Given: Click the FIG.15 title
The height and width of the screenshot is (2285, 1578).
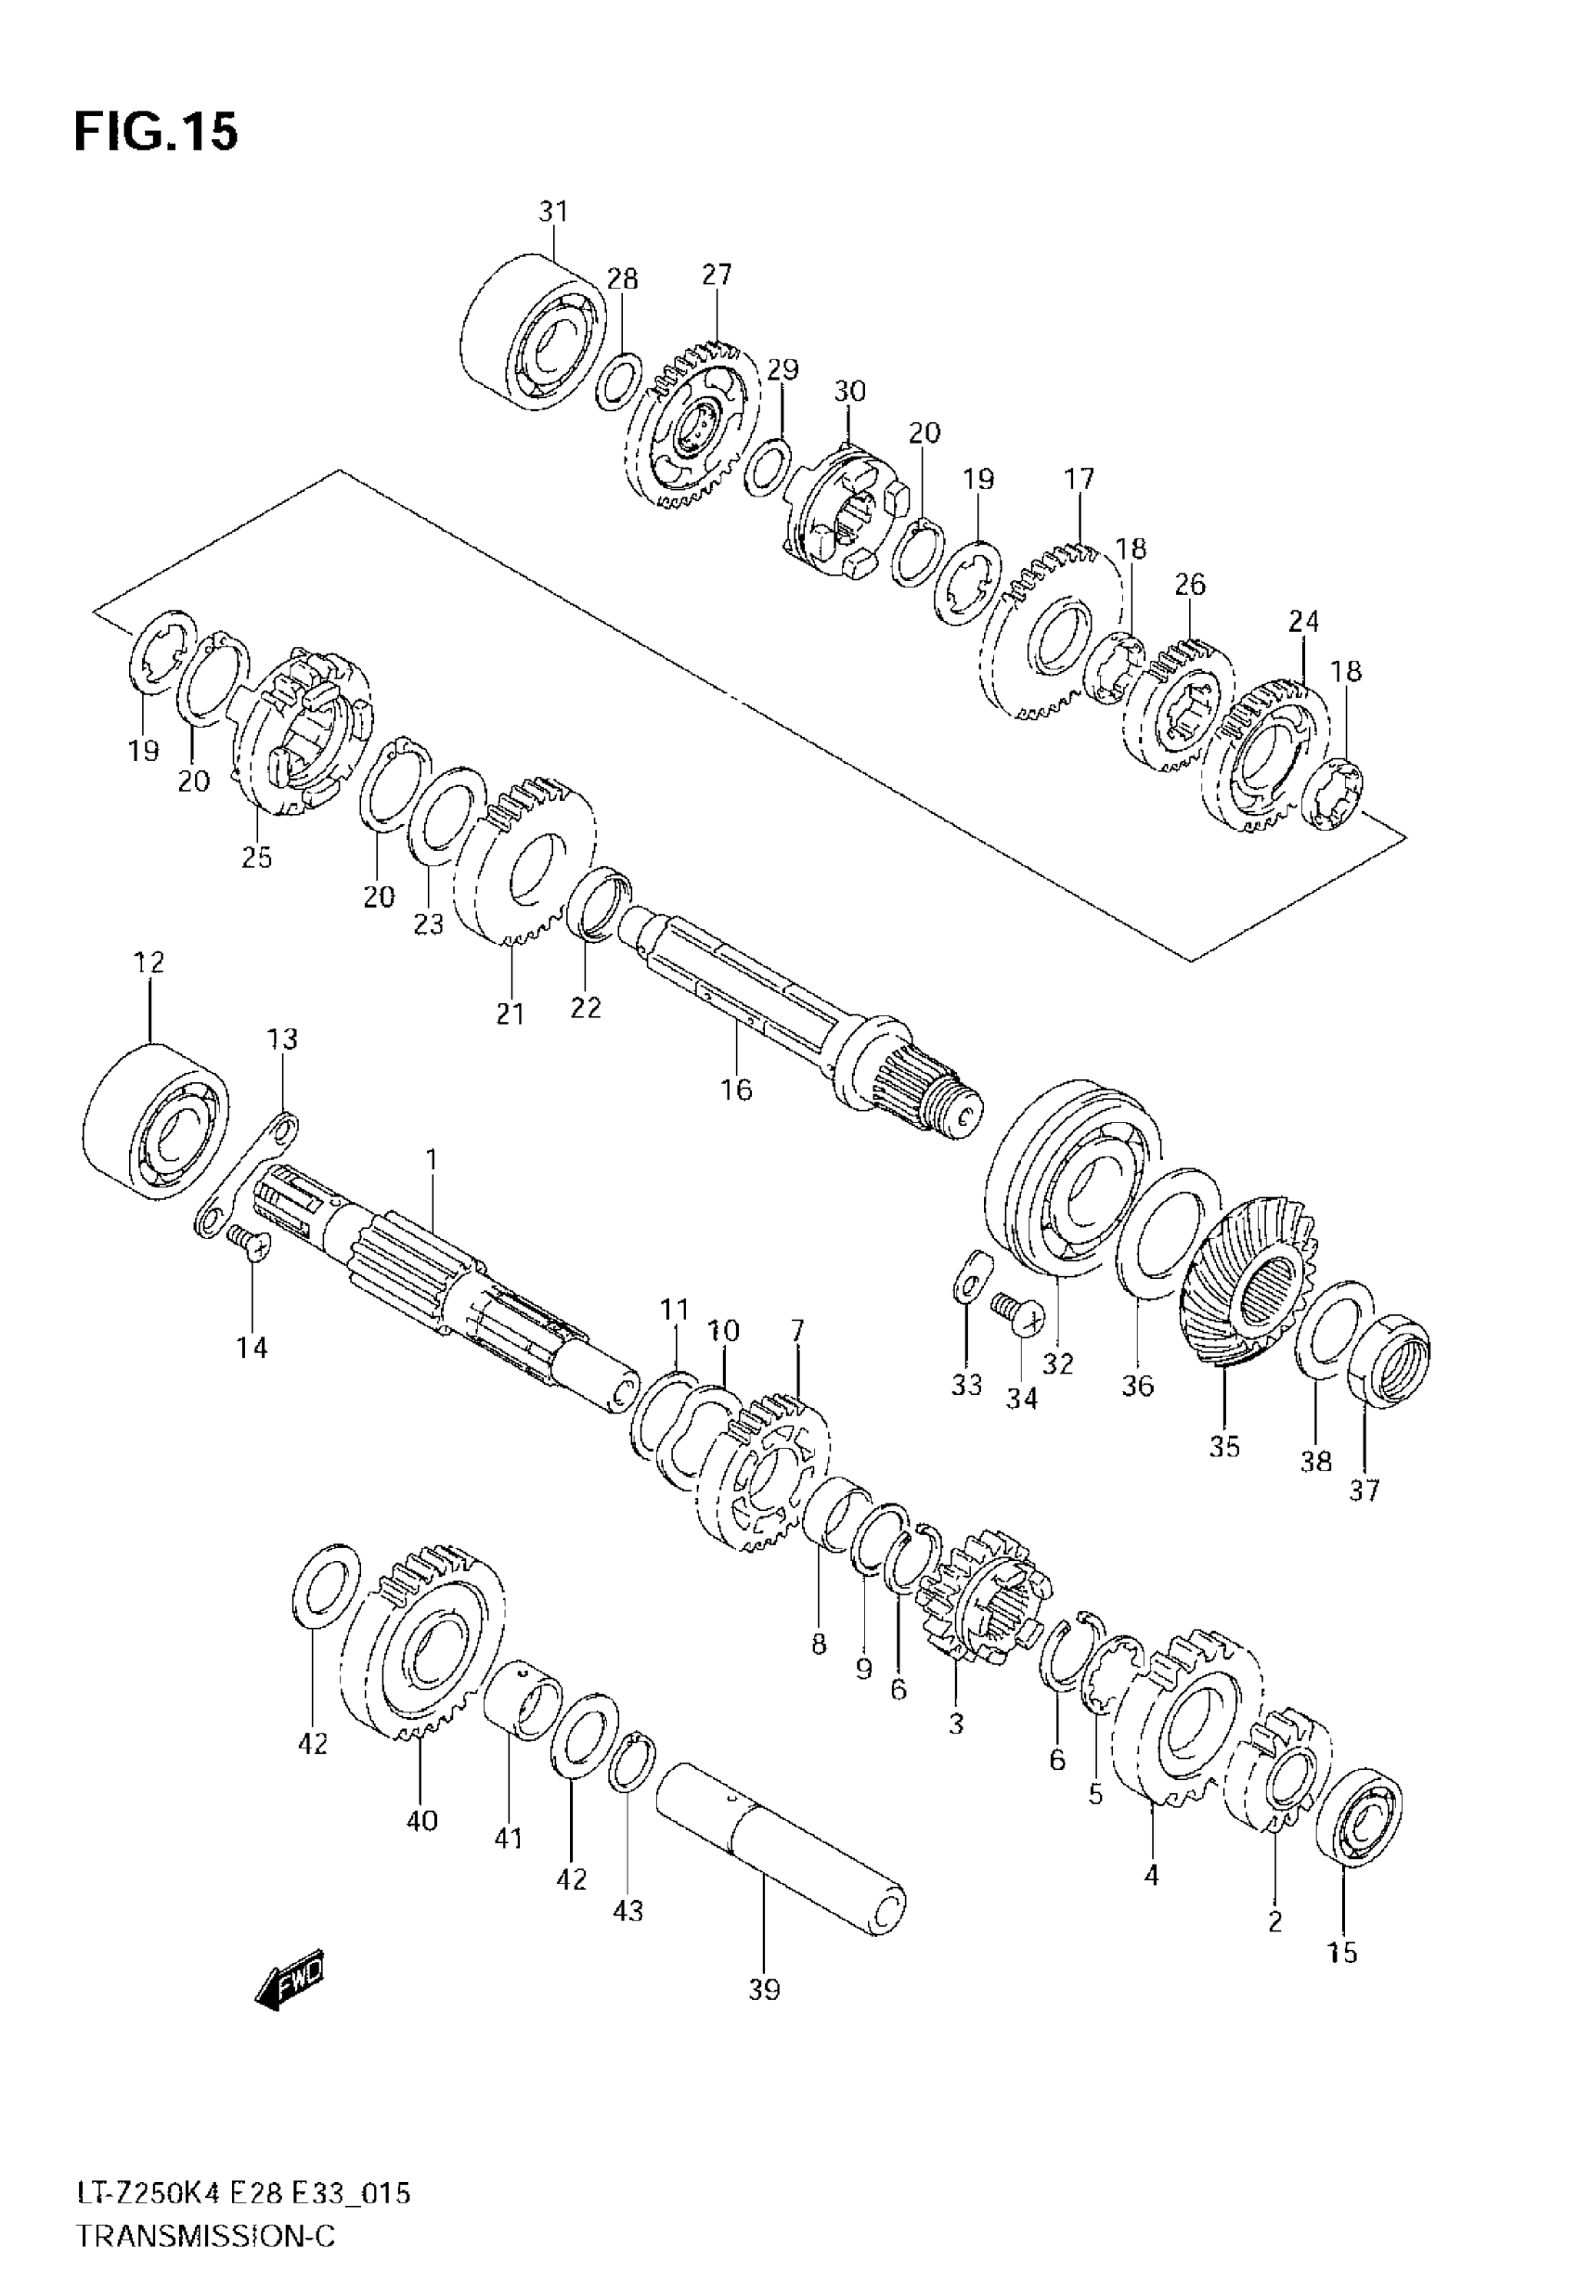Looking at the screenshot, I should pyautogui.click(x=156, y=132).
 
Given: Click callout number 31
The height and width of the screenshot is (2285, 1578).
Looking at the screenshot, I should pyautogui.click(x=553, y=212).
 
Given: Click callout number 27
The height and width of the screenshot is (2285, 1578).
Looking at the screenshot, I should pyautogui.click(x=717, y=274).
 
